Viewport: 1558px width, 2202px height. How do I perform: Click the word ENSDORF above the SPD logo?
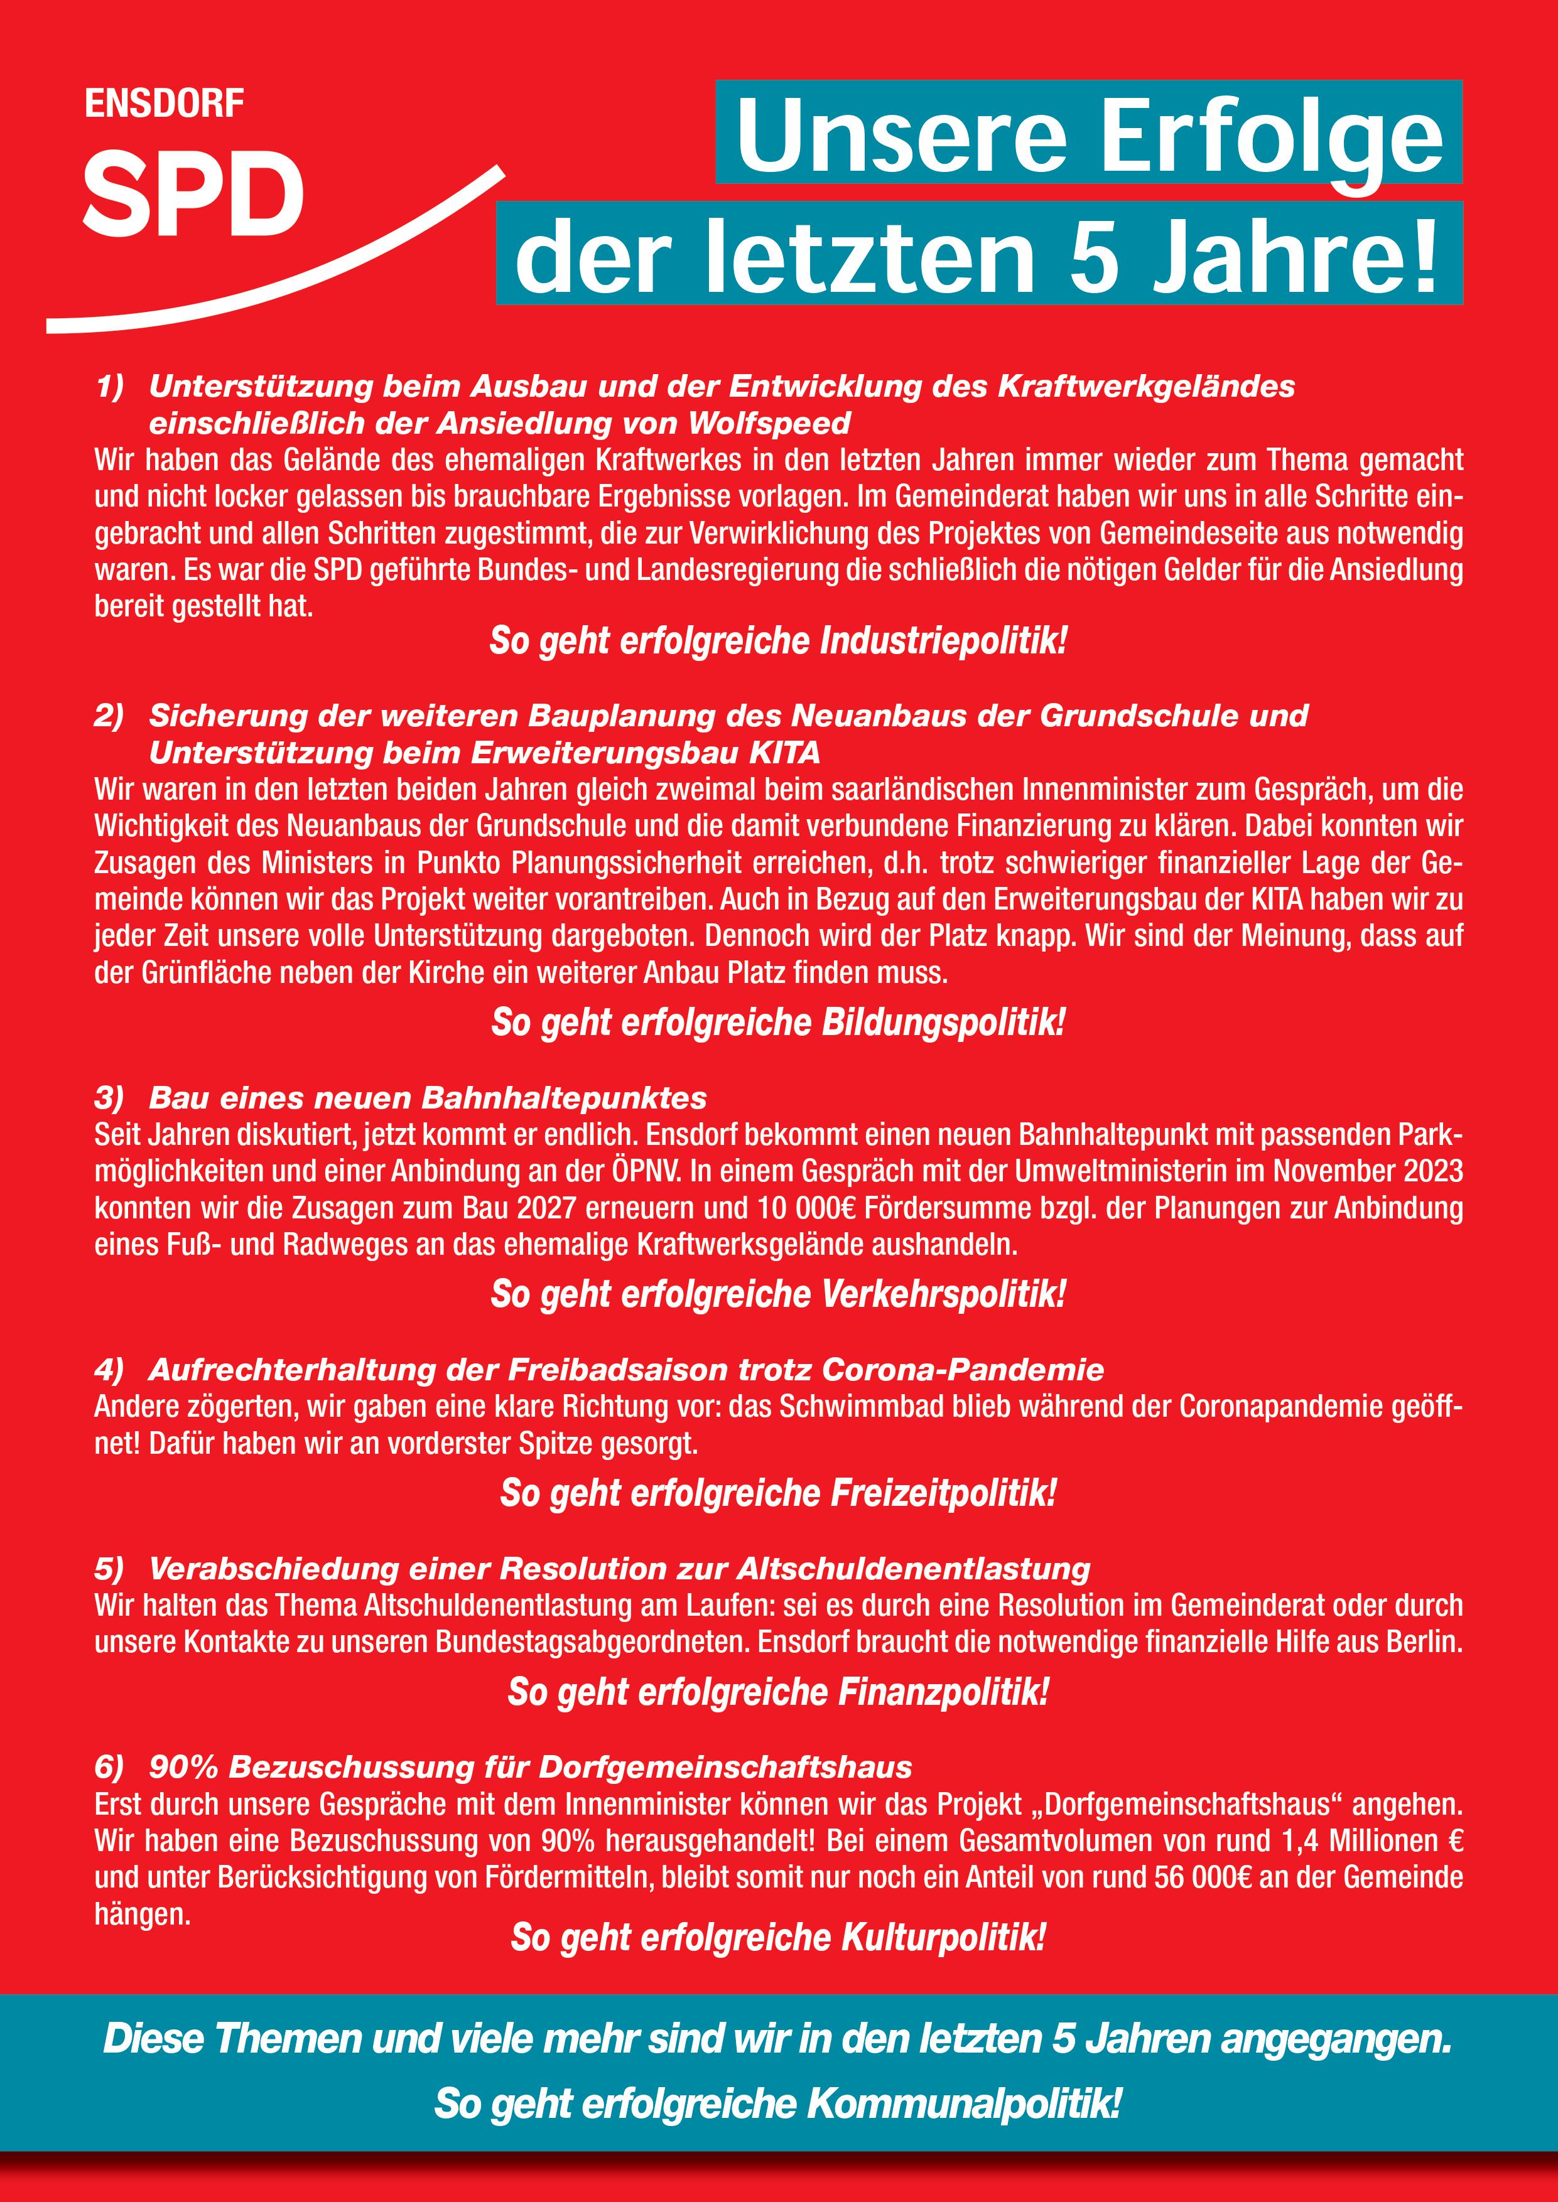(164, 104)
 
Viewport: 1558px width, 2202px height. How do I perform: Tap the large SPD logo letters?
(193, 194)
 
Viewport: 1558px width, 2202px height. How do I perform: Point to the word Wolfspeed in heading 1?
(769, 423)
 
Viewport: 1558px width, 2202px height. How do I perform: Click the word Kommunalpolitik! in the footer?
(963, 2104)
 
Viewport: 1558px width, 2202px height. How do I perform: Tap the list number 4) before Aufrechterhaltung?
(109, 1370)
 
